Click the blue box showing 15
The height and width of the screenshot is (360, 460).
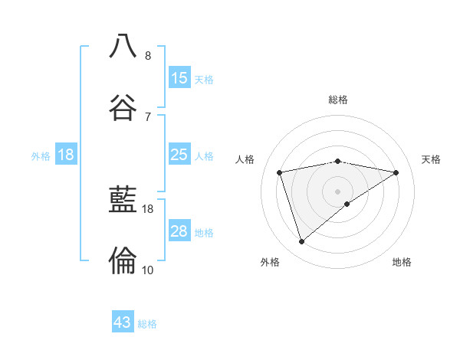pyautogui.click(x=179, y=78)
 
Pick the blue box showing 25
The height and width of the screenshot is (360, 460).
pyautogui.click(x=179, y=155)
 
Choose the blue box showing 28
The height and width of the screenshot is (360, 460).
pyautogui.click(x=179, y=231)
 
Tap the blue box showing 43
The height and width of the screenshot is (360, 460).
pyautogui.click(x=123, y=322)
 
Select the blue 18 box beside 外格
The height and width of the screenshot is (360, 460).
pyautogui.click(x=66, y=155)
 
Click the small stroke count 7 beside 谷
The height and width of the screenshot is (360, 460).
pyautogui.click(x=148, y=116)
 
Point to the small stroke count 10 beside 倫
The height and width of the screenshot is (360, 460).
pyautogui.click(x=148, y=270)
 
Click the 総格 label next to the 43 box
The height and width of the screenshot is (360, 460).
pyautogui.click(x=147, y=324)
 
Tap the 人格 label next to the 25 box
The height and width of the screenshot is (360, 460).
pyautogui.click(x=204, y=156)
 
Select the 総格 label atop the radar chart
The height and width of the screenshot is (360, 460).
pyautogui.click(x=338, y=100)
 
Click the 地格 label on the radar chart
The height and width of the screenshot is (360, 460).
pyautogui.click(x=402, y=262)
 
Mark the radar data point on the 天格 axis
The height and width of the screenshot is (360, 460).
pyautogui.click(x=396, y=172)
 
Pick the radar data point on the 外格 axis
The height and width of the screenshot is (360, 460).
pyautogui.click(x=302, y=242)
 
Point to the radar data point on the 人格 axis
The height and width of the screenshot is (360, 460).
pyautogui.click(x=281, y=172)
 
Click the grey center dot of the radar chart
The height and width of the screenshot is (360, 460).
pyautogui.click(x=338, y=191)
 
